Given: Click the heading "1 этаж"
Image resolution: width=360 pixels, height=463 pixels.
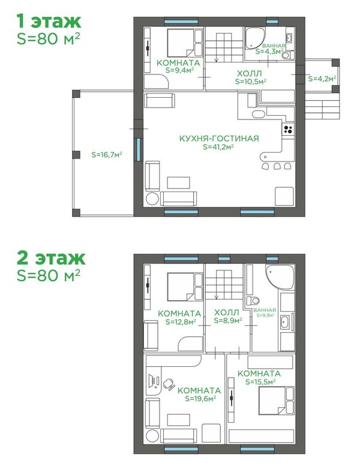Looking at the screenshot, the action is [x=49, y=21].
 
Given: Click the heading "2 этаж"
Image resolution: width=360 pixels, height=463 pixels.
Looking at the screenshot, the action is [x=51, y=258].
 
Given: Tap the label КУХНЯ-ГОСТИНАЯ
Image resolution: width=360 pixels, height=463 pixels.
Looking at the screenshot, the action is [x=219, y=138].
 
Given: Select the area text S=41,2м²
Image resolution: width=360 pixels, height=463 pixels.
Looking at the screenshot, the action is [x=218, y=147].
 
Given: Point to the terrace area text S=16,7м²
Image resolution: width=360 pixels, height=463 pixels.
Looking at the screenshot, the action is [x=107, y=154].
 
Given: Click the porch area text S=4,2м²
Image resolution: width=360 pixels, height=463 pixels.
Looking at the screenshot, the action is [x=322, y=79].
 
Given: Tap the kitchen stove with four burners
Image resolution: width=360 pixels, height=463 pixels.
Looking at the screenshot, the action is [x=288, y=129].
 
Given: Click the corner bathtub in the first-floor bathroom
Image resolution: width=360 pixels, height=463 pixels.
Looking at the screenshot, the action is [x=254, y=38].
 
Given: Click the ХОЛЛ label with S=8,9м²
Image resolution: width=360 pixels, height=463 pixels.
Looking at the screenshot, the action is [x=228, y=316].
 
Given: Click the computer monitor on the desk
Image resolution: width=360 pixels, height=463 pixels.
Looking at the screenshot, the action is [x=151, y=381].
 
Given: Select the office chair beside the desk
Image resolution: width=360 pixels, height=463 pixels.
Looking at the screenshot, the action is [x=169, y=384].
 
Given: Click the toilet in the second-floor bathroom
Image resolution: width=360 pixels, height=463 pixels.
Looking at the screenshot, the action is [x=253, y=301].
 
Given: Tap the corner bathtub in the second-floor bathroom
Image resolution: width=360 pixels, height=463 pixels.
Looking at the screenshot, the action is [x=279, y=277].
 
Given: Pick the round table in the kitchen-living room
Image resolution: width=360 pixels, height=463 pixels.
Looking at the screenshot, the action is [x=152, y=199].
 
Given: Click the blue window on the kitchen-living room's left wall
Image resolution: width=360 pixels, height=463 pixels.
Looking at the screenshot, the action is [x=139, y=150].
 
